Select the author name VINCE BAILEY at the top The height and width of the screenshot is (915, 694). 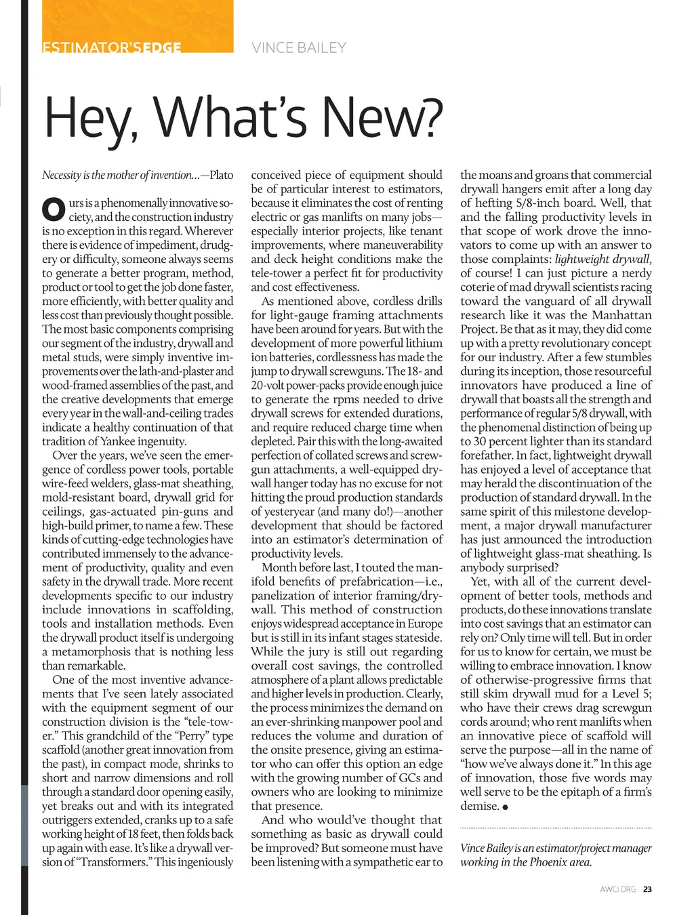(299, 48)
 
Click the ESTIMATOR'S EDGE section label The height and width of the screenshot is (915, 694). (112, 48)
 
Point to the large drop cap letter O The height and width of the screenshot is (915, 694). (54, 209)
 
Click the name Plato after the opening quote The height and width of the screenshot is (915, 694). (222, 175)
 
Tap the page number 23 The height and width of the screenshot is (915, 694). (647, 889)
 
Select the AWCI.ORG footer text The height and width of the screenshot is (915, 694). (617, 889)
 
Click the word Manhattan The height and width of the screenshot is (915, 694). (621, 315)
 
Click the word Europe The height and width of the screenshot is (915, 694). (424, 624)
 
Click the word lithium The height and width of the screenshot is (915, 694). (424, 343)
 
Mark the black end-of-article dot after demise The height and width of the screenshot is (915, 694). (506, 807)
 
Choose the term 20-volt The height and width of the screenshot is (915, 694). (270, 385)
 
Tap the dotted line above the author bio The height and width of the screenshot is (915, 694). (556, 828)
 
